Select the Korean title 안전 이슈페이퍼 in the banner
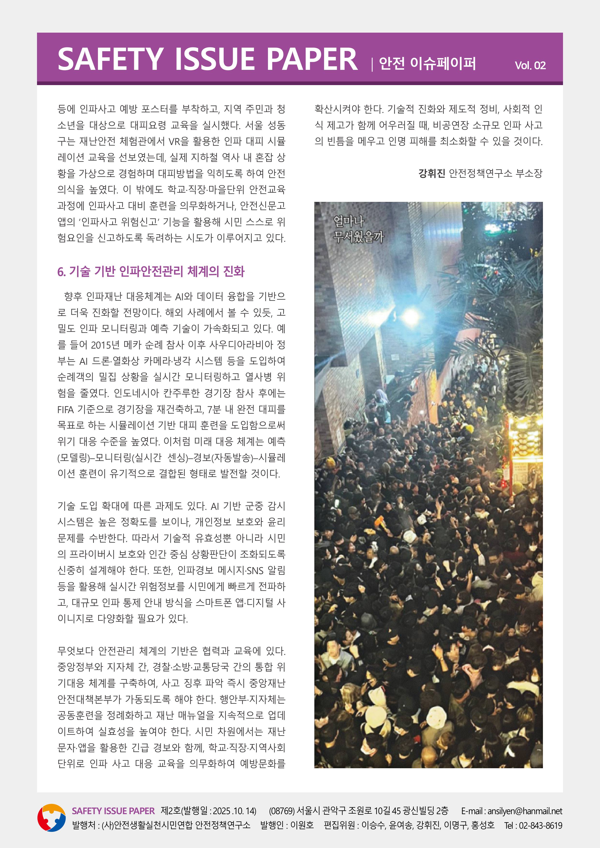427,64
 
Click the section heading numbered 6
151,271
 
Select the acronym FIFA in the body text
66,409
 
